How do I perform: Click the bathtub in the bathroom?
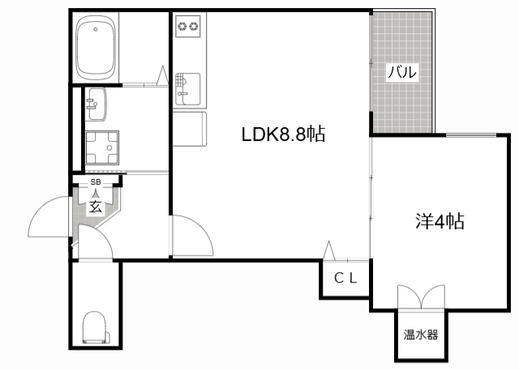point(96,48)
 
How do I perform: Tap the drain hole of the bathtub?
point(96,29)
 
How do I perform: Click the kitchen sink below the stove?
point(187,89)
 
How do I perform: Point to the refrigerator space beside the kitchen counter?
point(190,129)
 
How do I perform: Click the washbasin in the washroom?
point(96,104)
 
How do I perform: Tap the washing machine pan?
point(102,147)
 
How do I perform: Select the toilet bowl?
point(96,328)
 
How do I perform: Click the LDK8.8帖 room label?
point(283,134)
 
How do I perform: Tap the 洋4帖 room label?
point(440,221)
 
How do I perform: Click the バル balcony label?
point(402,72)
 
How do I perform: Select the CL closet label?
point(345,279)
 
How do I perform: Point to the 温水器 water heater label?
point(421,334)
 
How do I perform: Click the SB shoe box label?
point(96,182)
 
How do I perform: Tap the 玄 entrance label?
point(96,207)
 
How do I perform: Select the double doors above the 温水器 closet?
point(421,296)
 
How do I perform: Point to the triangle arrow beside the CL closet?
point(328,250)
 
